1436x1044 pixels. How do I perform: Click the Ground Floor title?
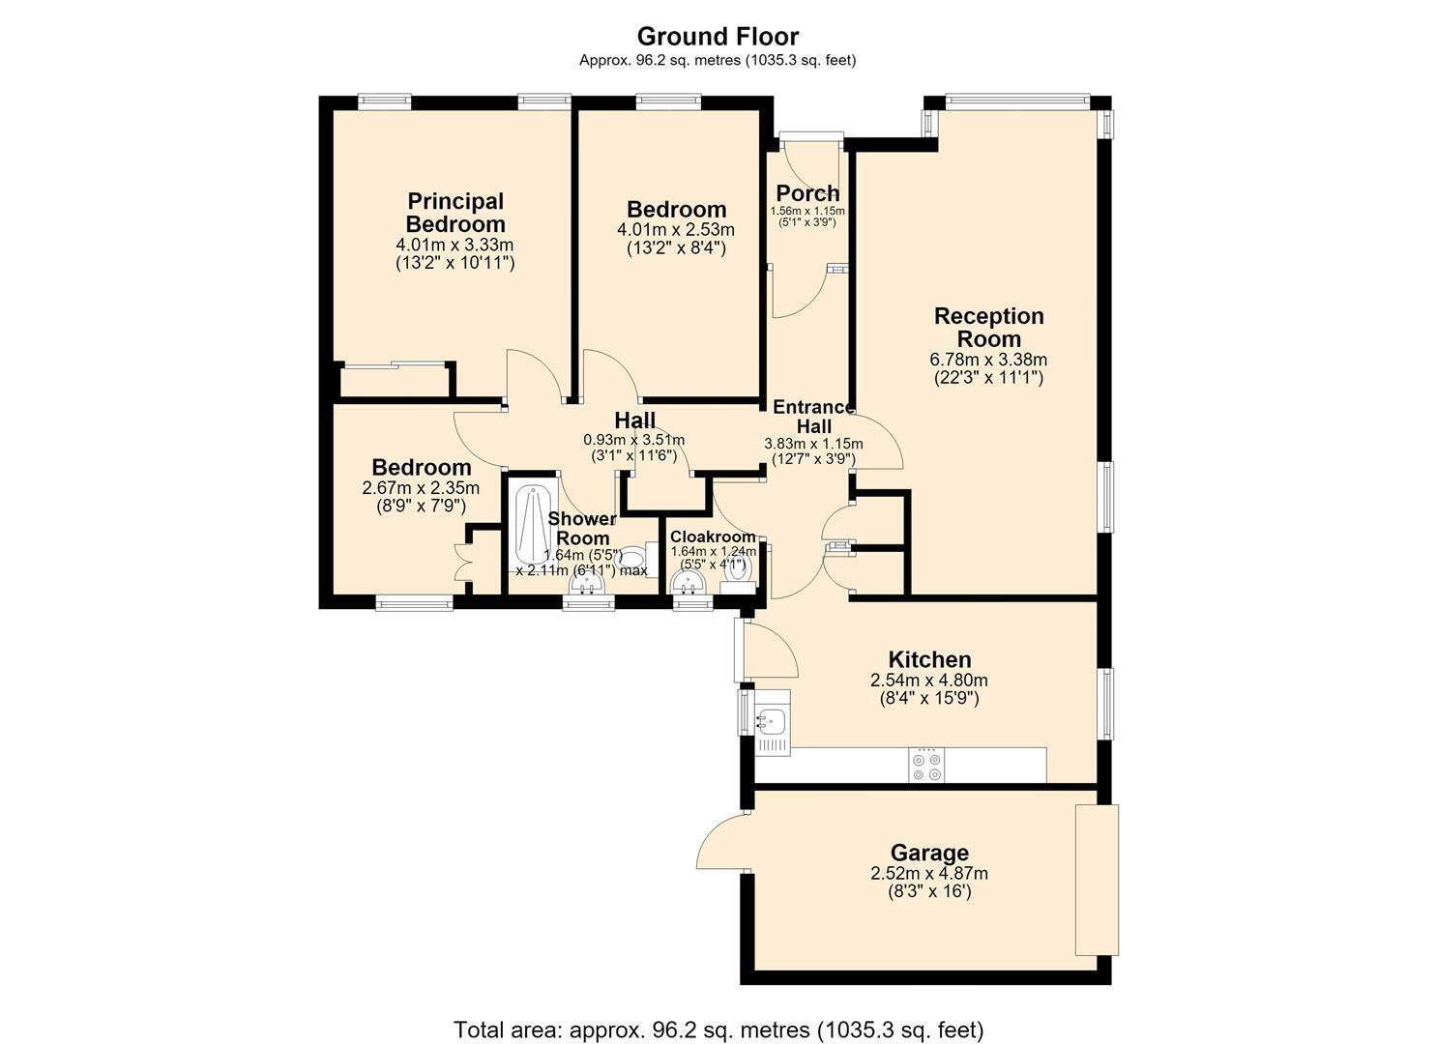coord(718,37)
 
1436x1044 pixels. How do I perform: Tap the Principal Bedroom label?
coord(455,213)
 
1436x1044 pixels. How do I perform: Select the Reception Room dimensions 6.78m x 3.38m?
coord(988,360)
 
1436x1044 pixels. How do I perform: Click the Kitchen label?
coord(929,659)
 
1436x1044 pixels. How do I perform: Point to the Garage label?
coord(929,853)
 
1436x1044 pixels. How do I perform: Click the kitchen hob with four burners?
coord(926,766)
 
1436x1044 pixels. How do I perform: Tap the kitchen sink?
coord(773,723)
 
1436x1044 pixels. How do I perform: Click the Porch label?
coord(807,193)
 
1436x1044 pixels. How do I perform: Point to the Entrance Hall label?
coord(813,417)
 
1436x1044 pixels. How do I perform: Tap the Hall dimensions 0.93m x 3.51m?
coord(634,440)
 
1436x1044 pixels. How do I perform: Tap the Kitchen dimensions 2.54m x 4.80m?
coord(929,680)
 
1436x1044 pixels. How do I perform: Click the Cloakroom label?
coord(713,537)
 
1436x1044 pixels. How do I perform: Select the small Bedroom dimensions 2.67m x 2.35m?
coord(422,488)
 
